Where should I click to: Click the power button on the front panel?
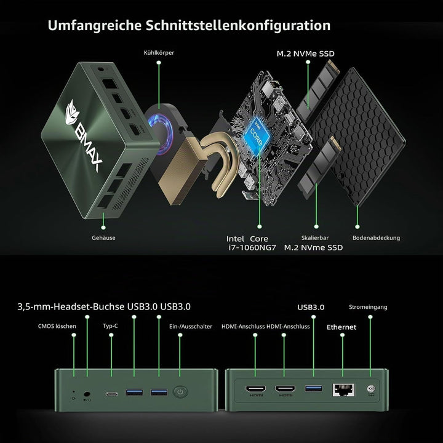pos(180,392)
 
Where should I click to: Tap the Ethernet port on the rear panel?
pos(343,390)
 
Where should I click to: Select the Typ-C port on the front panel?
pos(111,394)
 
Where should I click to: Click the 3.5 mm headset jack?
pos(87,394)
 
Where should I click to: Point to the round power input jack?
pos(370,389)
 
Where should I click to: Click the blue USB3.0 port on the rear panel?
pos(314,388)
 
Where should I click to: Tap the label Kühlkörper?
pos(159,53)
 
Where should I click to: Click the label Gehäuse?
pos(103,238)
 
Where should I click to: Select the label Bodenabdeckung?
pos(376,238)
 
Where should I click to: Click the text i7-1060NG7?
pos(252,247)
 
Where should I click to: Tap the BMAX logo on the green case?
pos(84,135)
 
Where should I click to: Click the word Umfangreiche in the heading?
pos(94,25)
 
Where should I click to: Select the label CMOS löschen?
pos(57,326)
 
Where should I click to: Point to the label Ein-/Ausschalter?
pos(191,326)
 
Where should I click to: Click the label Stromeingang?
pos(368,307)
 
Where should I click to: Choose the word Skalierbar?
pos(315,238)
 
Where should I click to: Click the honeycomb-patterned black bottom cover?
pos(358,136)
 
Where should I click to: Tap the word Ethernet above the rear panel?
pos(341,327)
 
